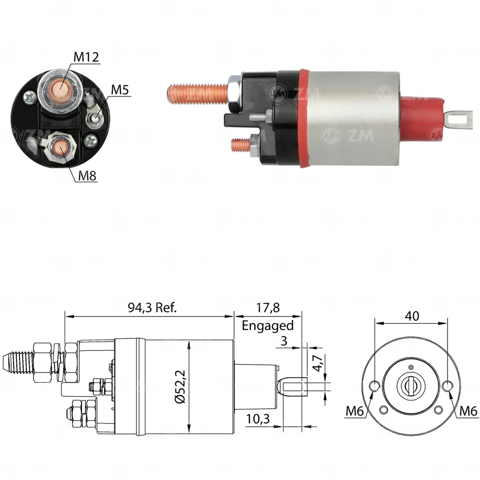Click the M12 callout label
[x=86, y=57]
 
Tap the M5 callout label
[x=120, y=90]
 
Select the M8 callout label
[x=87, y=176]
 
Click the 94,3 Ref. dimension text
[x=153, y=307]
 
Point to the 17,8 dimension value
[x=268, y=307]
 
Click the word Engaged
[x=267, y=326]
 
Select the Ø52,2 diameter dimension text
[x=180, y=386]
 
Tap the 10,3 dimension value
[x=258, y=419]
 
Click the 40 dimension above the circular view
[x=412, y=316]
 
